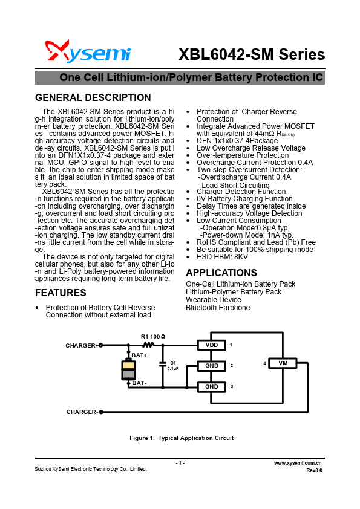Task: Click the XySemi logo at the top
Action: pyautogui.click(x=88, y=53)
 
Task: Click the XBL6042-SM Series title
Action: pyautogui.click(x=252, y=54)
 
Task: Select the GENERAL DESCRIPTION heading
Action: pyautogui.click(x=93, y=98)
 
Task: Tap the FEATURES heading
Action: pyautogui.click(x=61, y=293)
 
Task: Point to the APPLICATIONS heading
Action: pyautogui.click(x=221, y=273)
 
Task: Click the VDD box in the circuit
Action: pyautogui.click(x=211, y=345)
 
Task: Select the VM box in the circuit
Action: pyautogui.click(x=283, y=363)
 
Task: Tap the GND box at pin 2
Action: pyautogui.click(x=211, y=366)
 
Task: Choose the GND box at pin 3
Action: pyautogui.click(x=211, y=387)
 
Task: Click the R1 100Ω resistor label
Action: pyautogui.click(x=153, y=336)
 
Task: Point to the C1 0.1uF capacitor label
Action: pyautogui.click(x=172, y=365)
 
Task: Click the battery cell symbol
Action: pyautogui.click(x=128, y=370)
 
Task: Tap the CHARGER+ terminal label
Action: pyautogui.click(x=82, y=345)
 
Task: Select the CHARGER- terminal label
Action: pyautogui.click(x=82, y=412)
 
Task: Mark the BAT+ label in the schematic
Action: pyautogui.click(x=139, y=355)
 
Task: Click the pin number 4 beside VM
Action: pyautogui.click(x=264, y=363)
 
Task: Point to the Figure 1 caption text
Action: pyautogui.click(x=182, y=438)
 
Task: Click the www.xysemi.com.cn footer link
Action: pyautogui.click(x=298, y=462)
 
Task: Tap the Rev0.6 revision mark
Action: pyautogui.click(x=314, y=470)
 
